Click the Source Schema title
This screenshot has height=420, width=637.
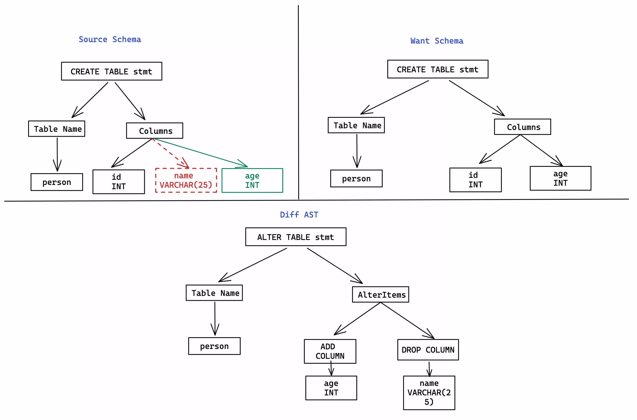point(110,39)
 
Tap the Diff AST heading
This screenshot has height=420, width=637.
point(299,215)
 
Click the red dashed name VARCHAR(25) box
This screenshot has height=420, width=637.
point(186,180)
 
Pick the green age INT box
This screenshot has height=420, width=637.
point(252,180)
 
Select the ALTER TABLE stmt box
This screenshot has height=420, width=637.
point(296,237)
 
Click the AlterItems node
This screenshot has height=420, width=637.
point(380,294)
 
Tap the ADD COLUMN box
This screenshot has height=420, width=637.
point(330,351)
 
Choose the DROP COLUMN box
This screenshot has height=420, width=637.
point(428,350)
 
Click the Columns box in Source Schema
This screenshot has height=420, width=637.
point(155,131)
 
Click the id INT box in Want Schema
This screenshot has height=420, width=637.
point(475,180)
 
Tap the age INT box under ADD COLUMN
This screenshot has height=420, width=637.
point(331,388)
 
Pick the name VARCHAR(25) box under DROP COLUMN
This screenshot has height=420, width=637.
point(429,392)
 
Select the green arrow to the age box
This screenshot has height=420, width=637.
point(201,153)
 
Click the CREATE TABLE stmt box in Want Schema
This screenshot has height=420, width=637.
point(437,69)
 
